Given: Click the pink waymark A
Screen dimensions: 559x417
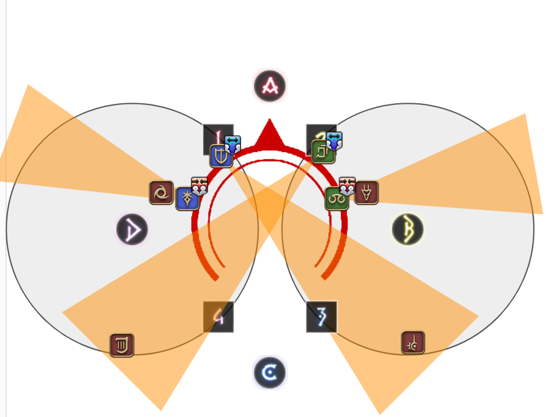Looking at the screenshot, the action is (270, 86).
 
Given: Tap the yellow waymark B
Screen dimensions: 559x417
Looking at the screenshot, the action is (408, 229).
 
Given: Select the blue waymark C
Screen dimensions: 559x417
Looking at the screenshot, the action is (269, 373).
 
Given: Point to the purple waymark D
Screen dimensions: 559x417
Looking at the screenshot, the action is (132, 229).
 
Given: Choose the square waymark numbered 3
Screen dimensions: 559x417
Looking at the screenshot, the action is (322, 317).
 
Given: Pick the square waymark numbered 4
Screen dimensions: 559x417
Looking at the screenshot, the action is (218, 317).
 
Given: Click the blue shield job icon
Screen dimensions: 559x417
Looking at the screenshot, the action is (221, 156).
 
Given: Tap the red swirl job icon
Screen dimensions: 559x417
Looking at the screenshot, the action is (161, 193).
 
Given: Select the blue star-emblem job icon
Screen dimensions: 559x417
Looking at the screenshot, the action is (187, 199).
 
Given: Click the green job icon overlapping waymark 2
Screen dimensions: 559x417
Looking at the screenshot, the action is (323, 152).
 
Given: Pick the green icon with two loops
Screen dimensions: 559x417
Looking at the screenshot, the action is (337, 199).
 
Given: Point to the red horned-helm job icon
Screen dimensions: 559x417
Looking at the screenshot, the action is (367, 193).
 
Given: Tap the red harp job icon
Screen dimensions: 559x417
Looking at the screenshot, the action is (122, 345).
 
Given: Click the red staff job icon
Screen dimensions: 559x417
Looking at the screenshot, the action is (412, 342).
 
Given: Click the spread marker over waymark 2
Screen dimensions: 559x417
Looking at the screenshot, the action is (334, 140).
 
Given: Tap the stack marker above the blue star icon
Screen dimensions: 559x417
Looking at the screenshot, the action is (199, 185).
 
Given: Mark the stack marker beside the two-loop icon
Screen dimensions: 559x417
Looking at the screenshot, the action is (347, 185).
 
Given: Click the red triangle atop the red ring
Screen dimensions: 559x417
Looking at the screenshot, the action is (269, 135).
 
